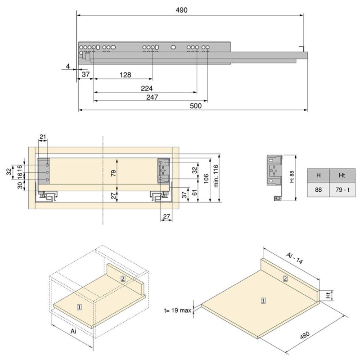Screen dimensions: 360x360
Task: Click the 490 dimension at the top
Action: (181, 10)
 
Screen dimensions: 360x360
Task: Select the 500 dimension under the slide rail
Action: (196, 106)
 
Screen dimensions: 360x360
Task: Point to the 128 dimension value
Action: (126, 75)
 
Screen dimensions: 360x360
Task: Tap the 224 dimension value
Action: (147, 88)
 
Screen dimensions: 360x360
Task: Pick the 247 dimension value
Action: (152, 97)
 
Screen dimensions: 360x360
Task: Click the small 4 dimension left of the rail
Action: (68, 66)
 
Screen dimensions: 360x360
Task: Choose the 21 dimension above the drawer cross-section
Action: (43, 137)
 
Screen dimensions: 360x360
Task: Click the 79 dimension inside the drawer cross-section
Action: (113, 173)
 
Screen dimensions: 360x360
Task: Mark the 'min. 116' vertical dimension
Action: (216, 176)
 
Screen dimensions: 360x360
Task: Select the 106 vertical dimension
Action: (206, 179)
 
